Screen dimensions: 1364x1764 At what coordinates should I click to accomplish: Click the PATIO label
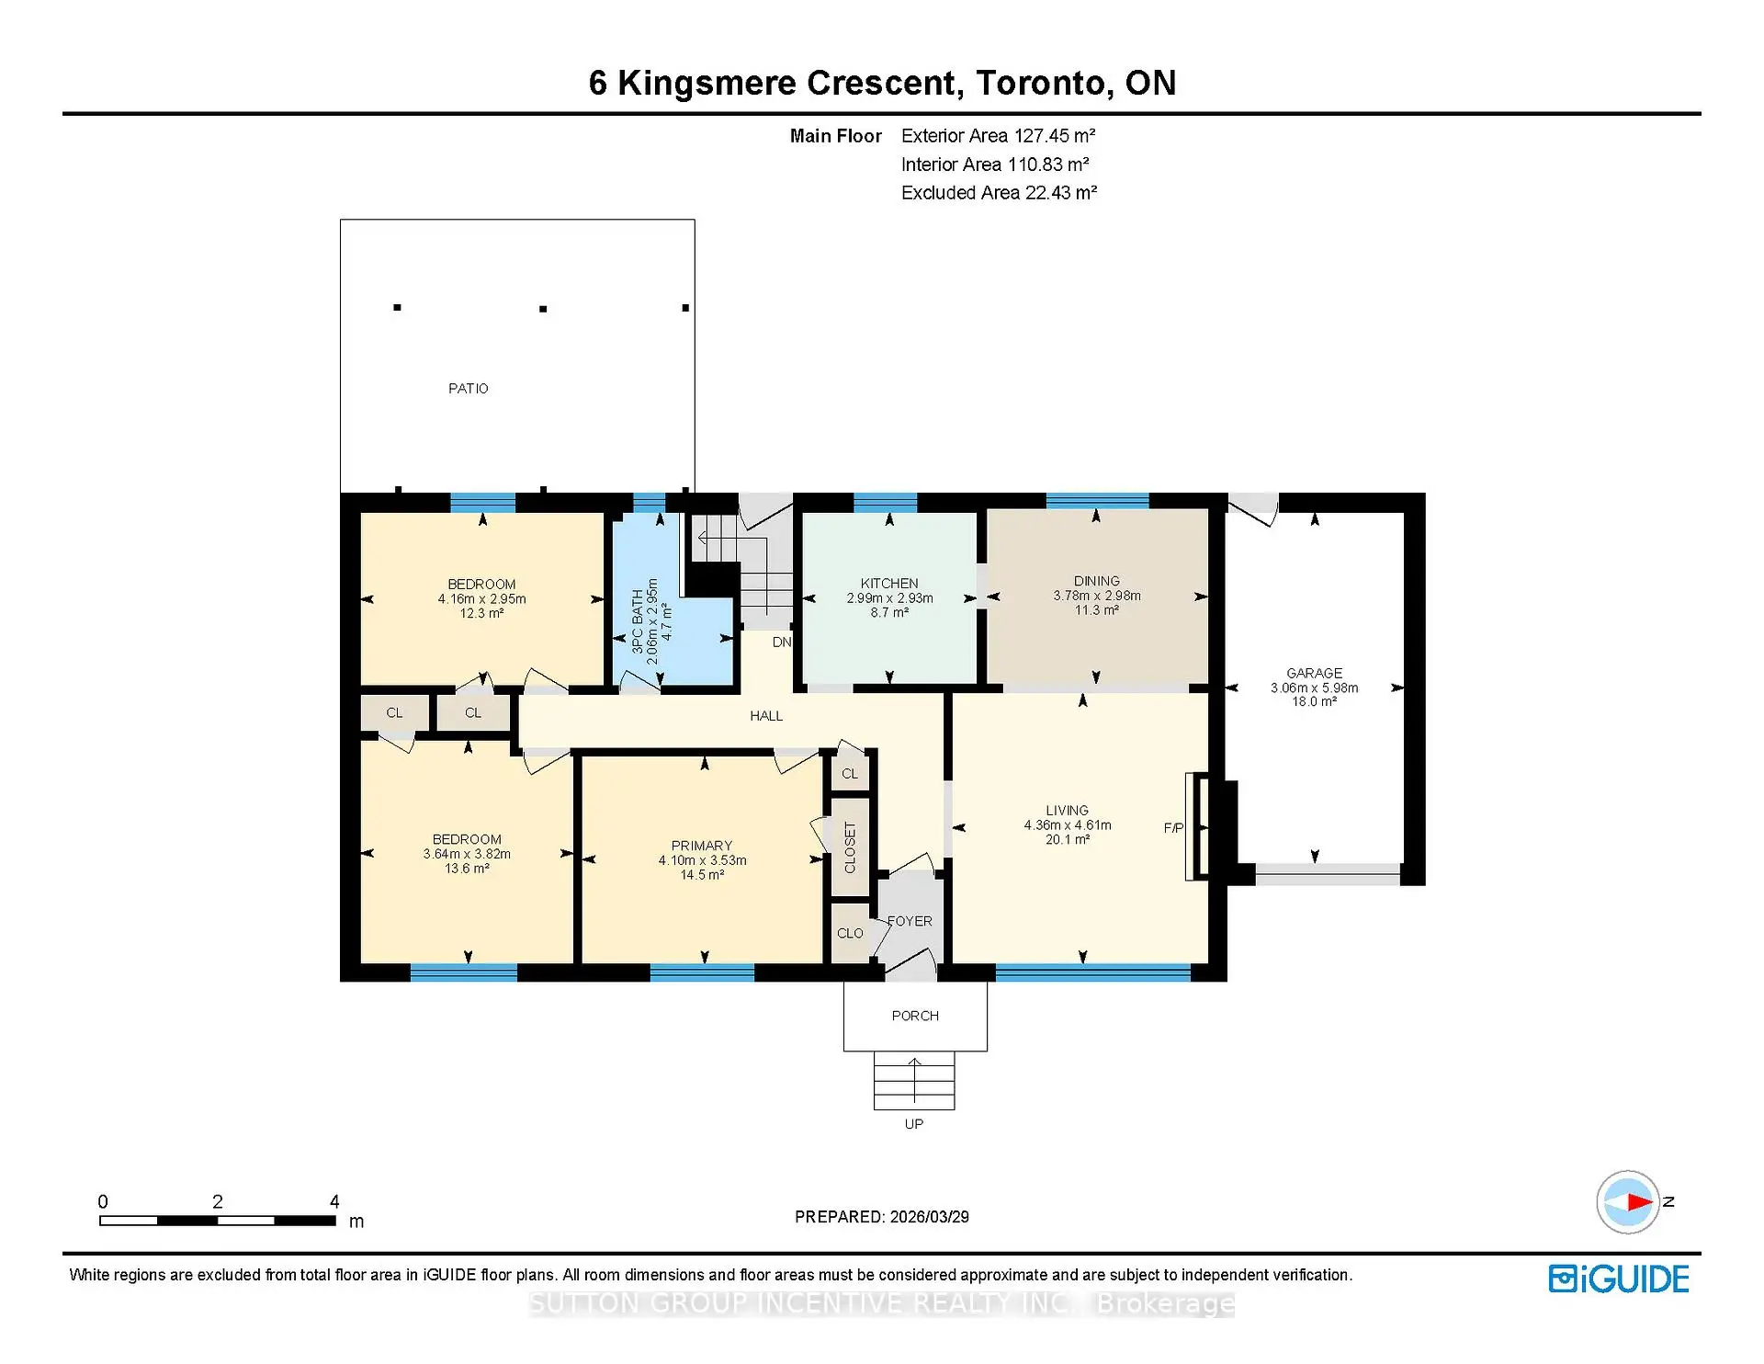[468, 389]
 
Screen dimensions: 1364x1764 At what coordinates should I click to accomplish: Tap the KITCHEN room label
[888, 584]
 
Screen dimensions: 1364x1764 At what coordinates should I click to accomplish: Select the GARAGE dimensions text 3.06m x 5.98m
[1314, 688]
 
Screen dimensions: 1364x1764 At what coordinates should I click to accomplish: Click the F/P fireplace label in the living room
[1173, 828]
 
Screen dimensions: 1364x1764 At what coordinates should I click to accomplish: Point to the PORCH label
[915, 1016]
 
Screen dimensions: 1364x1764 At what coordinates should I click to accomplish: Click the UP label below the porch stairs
[913, 1124]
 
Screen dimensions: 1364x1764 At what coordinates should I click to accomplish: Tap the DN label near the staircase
[782, 642]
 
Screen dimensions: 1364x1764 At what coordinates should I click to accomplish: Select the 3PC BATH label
[638, 622]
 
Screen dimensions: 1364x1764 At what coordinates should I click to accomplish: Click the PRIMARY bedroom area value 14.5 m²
[702, 875]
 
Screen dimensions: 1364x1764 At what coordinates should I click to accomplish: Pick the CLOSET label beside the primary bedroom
[850, 847]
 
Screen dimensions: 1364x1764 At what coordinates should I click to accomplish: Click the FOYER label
[910, 921]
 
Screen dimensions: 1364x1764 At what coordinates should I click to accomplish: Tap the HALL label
[766, 716]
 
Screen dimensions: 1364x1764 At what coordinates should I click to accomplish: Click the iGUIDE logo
[1619, 1279]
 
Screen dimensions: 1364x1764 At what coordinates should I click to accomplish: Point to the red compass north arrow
[1639, 1201]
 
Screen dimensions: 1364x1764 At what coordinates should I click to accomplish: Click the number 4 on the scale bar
[334, 1201]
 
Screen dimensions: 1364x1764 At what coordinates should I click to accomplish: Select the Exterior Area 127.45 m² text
[998, 136]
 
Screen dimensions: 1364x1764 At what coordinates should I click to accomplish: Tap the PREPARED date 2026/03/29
[929, 1217]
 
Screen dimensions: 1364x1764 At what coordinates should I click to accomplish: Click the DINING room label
[1096, 581]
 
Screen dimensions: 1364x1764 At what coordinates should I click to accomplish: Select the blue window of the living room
[1093, 972]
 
